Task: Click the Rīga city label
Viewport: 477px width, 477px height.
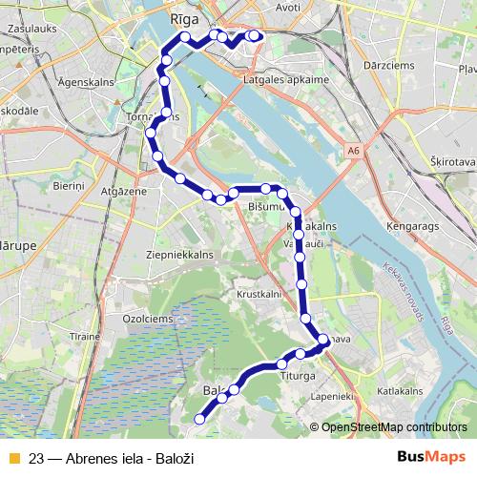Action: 182,16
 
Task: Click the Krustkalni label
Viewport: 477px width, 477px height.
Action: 256,295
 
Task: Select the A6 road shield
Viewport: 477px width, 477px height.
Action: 354,150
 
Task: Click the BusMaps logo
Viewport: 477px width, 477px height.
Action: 430,458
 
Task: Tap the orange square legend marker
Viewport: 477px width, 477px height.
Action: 13,458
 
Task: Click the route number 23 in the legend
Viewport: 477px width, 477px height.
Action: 37,458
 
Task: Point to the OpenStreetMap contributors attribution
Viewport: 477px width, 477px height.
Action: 396,427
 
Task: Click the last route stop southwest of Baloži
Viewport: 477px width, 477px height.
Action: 200,418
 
